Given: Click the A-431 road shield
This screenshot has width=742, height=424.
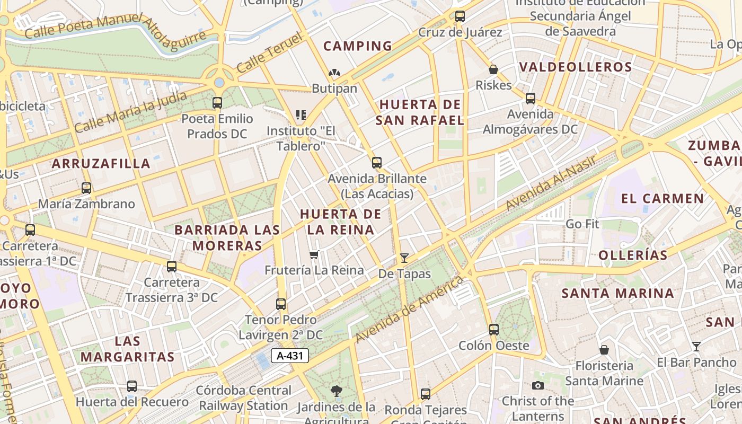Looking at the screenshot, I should pos(290,356).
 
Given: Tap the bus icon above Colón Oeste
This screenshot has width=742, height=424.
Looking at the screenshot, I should pos(494,330).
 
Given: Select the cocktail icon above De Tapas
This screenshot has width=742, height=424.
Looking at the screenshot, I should pos(404,258).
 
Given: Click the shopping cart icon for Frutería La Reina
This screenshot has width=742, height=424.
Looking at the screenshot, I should pos(314,255).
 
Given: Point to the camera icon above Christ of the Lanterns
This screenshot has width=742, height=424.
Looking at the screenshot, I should pos(538,385).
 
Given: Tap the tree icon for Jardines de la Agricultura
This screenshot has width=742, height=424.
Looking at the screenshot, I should pos(336,392).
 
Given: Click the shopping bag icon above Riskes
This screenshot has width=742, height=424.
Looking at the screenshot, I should pos(493,69).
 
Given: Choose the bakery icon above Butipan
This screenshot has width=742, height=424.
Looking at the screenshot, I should pos(334,73).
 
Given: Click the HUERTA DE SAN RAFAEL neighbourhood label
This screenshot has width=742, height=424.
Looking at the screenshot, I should pos(420,112).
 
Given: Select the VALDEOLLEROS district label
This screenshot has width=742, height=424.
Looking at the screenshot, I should pos(576,67).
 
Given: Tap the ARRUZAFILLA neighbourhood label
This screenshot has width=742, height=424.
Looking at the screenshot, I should pos(101,163).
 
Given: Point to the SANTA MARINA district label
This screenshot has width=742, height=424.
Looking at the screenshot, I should pos(617,293).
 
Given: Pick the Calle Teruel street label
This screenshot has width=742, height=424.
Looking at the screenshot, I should pos(269,53).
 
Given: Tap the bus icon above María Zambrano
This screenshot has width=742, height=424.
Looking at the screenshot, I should pos(86,188).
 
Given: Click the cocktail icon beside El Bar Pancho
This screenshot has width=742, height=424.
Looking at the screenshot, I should pos(696,347).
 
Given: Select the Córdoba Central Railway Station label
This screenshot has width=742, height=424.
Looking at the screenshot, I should pos(244,398).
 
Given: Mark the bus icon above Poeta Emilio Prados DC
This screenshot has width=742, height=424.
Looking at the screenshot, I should pos(217,103).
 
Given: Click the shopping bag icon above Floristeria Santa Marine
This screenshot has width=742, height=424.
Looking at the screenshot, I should pos(604,350).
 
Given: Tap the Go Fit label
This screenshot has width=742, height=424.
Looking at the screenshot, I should pos(582,224).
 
